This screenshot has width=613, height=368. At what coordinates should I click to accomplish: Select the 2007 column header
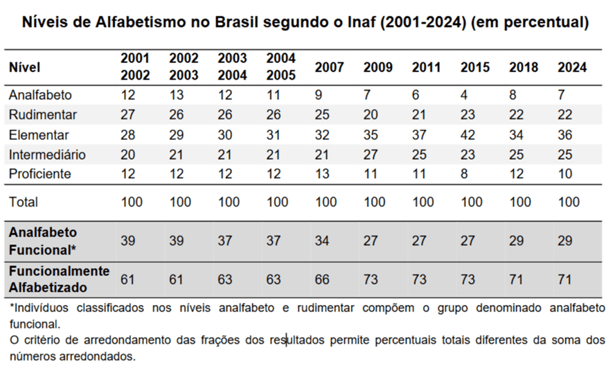[x=329, y=67]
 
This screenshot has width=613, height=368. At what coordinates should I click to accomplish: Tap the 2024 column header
[x=571, y=67]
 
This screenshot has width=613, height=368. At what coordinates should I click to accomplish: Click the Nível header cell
[x=25, y=67]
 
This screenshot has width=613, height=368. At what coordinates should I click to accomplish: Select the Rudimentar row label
[x=42, y=114]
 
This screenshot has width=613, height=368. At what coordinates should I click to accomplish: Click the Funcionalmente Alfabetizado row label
[x=59, y=279]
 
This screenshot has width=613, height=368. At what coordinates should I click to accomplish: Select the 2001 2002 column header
[x=135, y=67]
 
